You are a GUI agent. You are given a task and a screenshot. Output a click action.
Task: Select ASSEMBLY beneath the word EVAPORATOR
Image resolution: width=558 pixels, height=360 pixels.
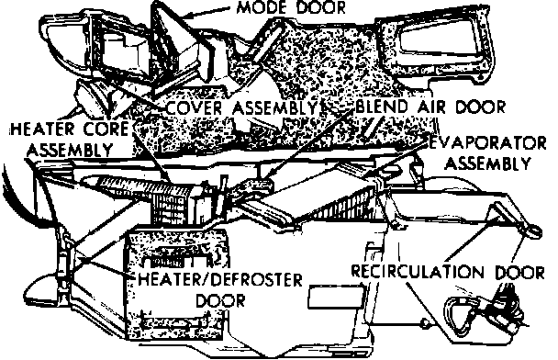[487, 163]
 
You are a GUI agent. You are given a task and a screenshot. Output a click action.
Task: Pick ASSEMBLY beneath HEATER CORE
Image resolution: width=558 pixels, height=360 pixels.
[70, 150]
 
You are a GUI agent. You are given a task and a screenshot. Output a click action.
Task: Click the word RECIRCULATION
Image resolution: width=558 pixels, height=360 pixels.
[418, 272]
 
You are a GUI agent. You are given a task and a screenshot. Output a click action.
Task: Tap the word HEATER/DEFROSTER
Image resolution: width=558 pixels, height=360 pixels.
[220, 279]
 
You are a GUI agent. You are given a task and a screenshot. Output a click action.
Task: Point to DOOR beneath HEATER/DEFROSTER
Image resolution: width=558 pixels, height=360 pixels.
[220, 300]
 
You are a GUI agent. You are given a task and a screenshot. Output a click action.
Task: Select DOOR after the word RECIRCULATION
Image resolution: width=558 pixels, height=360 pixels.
[520, 273]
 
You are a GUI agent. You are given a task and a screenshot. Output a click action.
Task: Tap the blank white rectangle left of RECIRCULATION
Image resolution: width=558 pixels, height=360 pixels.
[336, 296]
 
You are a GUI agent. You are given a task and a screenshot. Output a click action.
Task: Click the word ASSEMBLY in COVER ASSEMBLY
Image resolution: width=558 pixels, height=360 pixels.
[274, 107]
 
